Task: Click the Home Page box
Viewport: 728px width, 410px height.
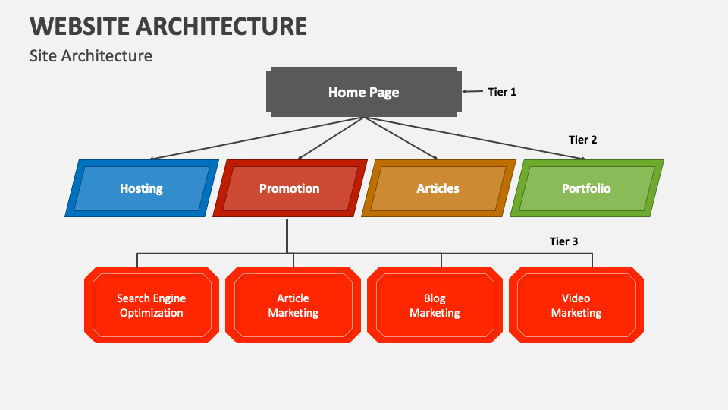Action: (363, 92)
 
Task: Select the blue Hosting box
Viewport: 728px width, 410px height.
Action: (142, 188)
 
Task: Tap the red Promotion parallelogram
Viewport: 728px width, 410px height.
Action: (290, 188)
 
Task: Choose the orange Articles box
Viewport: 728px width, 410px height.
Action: (438, 188)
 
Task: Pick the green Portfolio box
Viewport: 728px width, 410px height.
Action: (587, 188)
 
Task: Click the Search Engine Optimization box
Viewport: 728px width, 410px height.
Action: (152, 305)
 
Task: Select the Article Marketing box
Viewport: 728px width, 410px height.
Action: (293, 305)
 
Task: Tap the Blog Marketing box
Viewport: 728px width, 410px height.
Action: (435, 305)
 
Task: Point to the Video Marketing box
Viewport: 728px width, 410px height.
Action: (576, 305)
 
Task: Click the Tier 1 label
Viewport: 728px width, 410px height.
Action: (502, 92)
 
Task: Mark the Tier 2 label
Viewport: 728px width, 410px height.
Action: (582, 140)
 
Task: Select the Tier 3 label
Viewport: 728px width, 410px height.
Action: (563, 241)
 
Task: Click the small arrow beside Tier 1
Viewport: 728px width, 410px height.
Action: (472, 92)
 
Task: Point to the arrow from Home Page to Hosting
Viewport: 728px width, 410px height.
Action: (256, 138)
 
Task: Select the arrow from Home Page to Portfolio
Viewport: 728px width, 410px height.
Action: (475, 138)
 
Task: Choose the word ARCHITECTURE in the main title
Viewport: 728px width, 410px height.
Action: (221, 27)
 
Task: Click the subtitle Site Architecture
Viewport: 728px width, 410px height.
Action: (91, 55)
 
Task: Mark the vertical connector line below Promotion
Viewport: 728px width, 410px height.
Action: (287, 235)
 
